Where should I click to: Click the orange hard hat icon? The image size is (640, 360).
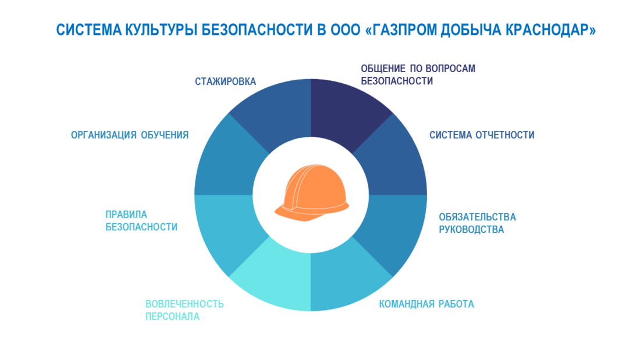coord(312,193)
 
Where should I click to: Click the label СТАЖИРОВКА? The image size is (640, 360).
coord(225,81)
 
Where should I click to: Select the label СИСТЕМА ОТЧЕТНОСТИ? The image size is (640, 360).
coord(482,135)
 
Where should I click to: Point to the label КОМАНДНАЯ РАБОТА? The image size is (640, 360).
coord(426,304)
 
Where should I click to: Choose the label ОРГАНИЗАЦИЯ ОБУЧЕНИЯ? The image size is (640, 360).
coord(130,135)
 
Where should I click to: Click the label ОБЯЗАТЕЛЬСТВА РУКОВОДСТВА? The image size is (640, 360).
coord(477,223)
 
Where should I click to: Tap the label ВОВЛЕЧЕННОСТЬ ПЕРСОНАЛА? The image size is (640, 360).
coord(184,310)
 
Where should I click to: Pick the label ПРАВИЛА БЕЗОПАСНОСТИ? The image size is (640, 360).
coord(141,221)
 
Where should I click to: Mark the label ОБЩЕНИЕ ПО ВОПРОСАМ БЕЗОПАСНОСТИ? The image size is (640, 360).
coord(418,74)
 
